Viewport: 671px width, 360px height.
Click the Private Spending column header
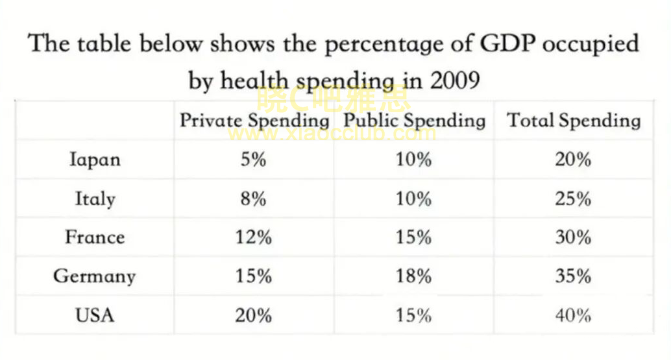(x=254, y=121)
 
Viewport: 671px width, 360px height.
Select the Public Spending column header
(x=414, y=121)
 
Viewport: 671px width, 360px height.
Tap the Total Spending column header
(x=574, y=121)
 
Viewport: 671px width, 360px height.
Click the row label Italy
(x=95, y=198)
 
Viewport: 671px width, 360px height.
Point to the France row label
(x=95, y=237)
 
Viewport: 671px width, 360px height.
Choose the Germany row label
(x=95, y=276)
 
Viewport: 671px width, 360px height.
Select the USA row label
(x=95, y=315)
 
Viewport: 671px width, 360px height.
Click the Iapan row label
(x=95, y=159)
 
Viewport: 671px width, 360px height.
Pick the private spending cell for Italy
(x=253, y=198)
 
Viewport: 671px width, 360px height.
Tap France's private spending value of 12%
(x=253, y=237)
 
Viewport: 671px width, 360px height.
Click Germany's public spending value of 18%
(x=413, y=276)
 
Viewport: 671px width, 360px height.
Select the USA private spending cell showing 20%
(x=253, y=315)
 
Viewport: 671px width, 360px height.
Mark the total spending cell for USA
(x=574, y=315)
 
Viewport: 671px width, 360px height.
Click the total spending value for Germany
(x=574, y=276)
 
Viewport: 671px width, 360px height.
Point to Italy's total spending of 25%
(x=574, y=198)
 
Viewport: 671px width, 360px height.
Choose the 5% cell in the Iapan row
(x=253, y=159)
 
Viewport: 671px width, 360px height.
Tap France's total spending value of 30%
(x=574, y=237)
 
